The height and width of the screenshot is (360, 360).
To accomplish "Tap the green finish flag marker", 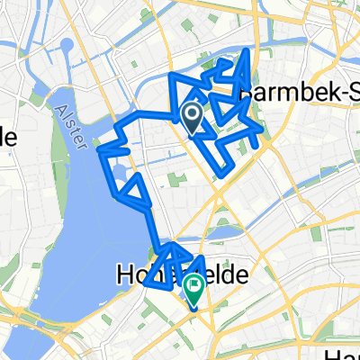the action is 193,287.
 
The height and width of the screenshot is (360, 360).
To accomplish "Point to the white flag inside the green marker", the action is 193,284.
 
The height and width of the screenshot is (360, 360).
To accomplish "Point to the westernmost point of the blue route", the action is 99,148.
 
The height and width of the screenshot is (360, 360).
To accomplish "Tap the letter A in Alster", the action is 58,107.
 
